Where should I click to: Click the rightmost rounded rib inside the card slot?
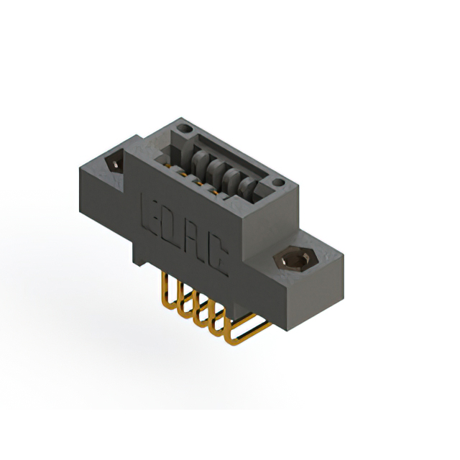[247, 188]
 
